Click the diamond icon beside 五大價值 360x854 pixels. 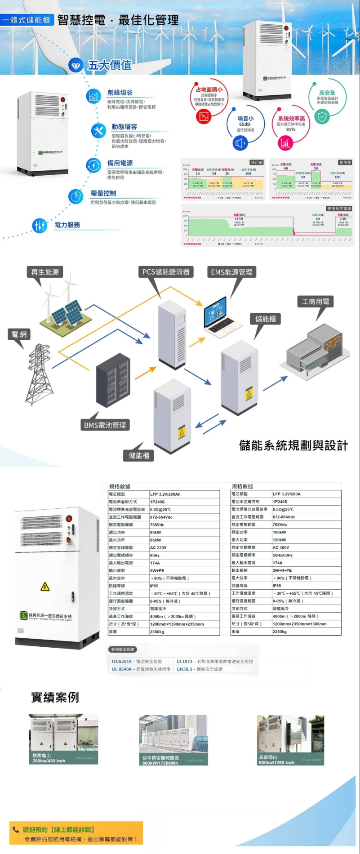coord(76,66)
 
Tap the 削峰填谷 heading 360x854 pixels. coord(120,93)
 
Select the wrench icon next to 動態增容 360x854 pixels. coord(98,130)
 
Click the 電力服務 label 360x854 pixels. coord(67,225)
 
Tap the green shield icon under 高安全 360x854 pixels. coord(322,116)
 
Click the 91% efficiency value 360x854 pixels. coord(290,129)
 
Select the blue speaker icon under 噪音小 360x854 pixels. coord(240,143)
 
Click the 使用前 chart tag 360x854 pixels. coord(257,162)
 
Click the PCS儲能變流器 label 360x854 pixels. coord(166,272)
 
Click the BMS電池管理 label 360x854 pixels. coord(105,425)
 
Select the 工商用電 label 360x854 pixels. coord(316,301)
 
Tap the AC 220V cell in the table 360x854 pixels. coord(158,547)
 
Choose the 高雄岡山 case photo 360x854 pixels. coord(290,740)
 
